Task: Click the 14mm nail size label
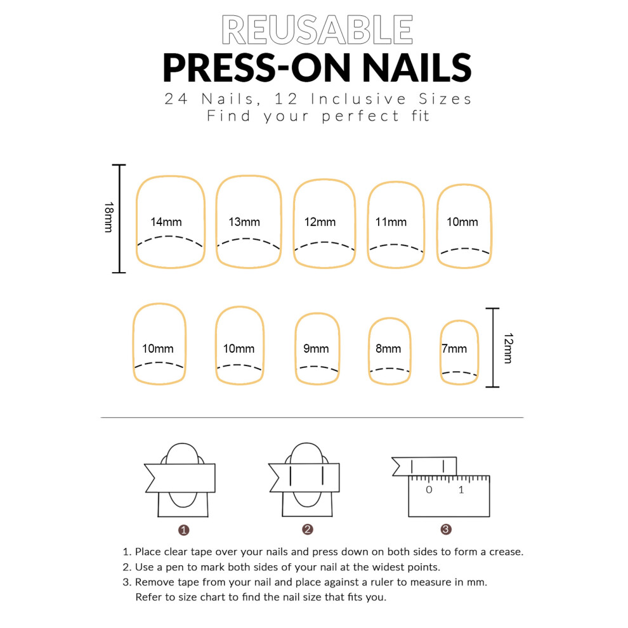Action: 166,222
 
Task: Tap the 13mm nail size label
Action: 244,222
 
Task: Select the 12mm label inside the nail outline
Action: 320,222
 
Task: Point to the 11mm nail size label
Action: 391,222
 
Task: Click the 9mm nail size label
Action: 316,348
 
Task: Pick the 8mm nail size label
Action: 388,348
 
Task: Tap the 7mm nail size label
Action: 454,348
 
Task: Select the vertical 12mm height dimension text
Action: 508,348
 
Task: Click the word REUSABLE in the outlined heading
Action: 317,30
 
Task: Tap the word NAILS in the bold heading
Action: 417,68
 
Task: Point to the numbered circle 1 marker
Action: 183,530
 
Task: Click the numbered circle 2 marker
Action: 308,530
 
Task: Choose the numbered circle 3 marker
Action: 446,530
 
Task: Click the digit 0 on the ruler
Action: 429,490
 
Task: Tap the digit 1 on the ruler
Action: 461,490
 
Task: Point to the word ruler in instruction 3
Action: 382,582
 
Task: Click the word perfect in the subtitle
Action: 360,116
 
